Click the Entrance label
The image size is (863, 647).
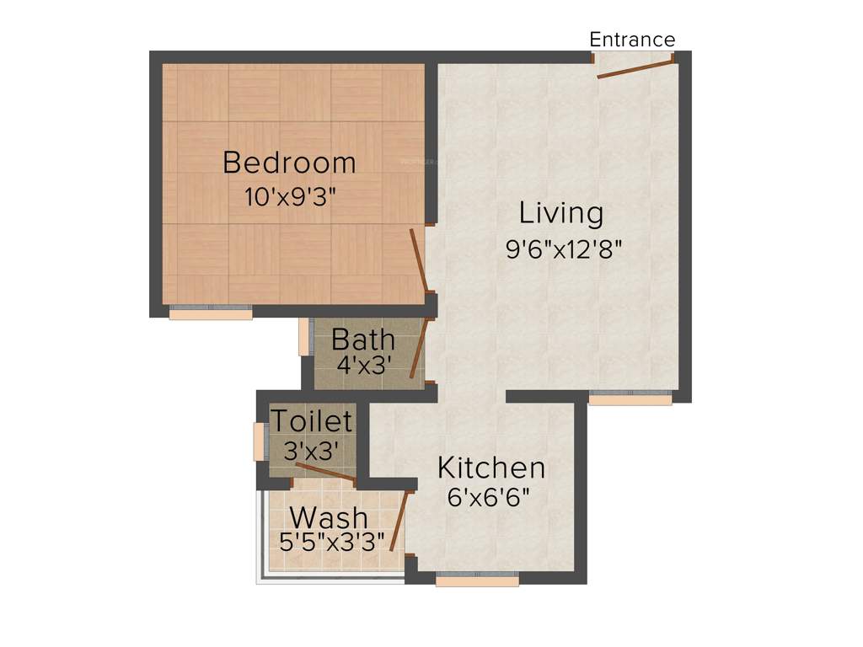point(632,40)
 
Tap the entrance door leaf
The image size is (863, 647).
point(635,69)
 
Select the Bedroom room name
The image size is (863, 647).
point(289,162)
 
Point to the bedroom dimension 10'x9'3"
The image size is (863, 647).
point(290,198)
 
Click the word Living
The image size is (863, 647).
point(560,212)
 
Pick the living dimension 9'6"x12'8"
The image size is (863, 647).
point(563,250)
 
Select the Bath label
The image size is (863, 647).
point(363,340)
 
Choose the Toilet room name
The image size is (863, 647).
point(311,420)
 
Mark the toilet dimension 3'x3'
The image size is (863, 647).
point(311,451)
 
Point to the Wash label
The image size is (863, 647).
point(329,516)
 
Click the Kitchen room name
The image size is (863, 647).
point(491,467)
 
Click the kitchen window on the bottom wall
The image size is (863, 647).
point(477,579)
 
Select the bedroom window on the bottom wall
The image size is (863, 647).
point(211,313)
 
